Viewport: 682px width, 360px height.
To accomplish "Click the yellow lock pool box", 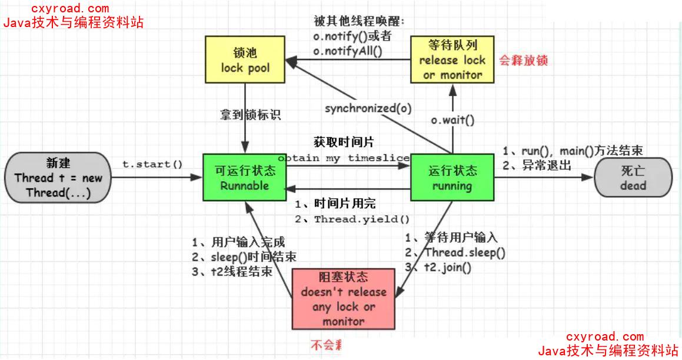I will (x=245, y=61).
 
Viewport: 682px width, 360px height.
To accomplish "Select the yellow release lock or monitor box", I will (x=452, y=60).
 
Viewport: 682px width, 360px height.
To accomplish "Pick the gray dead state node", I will (x=633, y=178).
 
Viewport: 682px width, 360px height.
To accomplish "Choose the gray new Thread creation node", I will (x=58, y=178).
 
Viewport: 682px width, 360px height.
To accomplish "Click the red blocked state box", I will (x=344, y=299).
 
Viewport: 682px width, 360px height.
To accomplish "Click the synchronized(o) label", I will (x=368, y=109).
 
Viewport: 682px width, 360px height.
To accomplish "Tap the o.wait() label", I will (x=452, y=120).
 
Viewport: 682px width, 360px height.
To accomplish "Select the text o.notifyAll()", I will (x=347, y=52).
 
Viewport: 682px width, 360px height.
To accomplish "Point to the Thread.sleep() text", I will (x=465, y=253).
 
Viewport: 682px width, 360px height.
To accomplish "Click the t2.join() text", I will (x=447, y=268).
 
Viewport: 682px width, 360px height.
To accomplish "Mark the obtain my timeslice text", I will (x=344, y=159).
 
